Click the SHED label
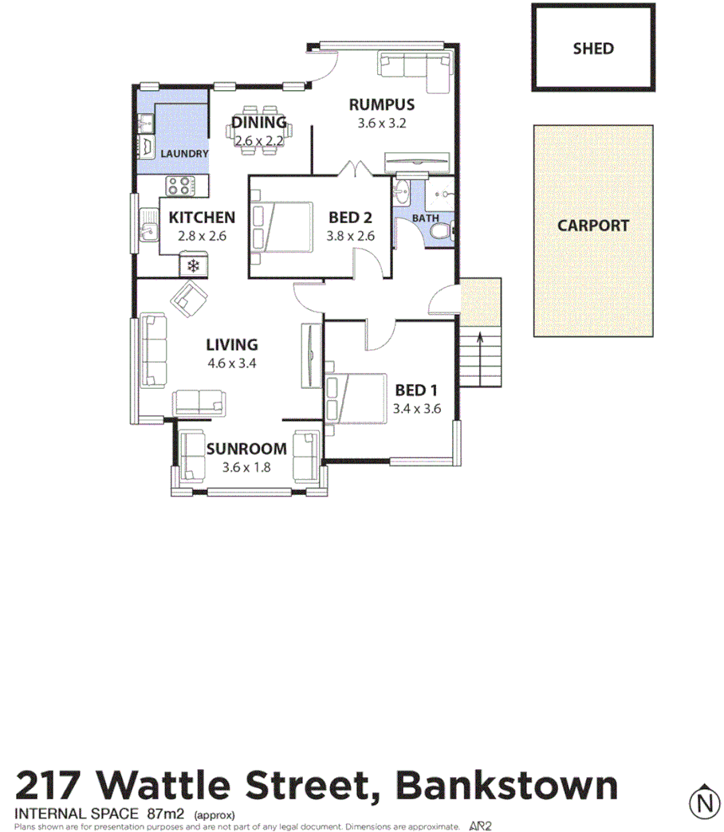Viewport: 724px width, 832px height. [x=593, y=48]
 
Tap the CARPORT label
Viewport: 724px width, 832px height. [x=592, y=226]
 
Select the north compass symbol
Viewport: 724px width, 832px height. [x=703, y=803]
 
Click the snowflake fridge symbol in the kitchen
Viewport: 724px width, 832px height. [x=193, y=266]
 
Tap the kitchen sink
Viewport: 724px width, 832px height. [x=148, y=226]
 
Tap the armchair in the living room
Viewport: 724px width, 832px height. [x=190, y=299]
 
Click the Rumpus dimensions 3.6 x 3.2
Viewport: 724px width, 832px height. [x=383, y=124]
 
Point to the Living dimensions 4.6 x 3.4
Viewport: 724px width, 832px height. [x=231, y=363]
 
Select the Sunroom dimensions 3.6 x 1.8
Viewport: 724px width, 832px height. [x=246, y=467]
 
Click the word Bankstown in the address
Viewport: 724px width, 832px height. [x=507, y=786]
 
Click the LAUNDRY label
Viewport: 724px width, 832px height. [x=184, y=154]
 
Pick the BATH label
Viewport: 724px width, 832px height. [x=425, y=218]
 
